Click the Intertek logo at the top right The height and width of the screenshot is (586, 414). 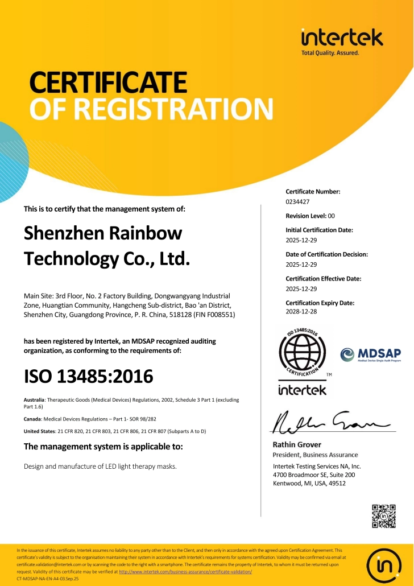[x=342, y=41]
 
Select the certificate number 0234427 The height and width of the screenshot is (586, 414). [x=297, y=201]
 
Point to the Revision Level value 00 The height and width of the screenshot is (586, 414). [x=332, y=216]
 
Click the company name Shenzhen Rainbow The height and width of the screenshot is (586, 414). [x=103, y=233]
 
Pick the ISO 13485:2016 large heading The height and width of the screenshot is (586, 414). [x=89, y=376]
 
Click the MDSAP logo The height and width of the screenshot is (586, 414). [x=370, y=356]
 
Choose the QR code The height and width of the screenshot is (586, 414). [x=383, y=516]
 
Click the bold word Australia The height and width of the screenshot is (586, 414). [x=34, y=400]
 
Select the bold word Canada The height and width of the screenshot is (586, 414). [x=32, y=418]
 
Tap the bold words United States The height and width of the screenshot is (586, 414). [x=40, y=431]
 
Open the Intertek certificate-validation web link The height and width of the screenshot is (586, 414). [x=185, y=571]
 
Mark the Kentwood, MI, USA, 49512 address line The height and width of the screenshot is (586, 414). [x=309, y=484]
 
